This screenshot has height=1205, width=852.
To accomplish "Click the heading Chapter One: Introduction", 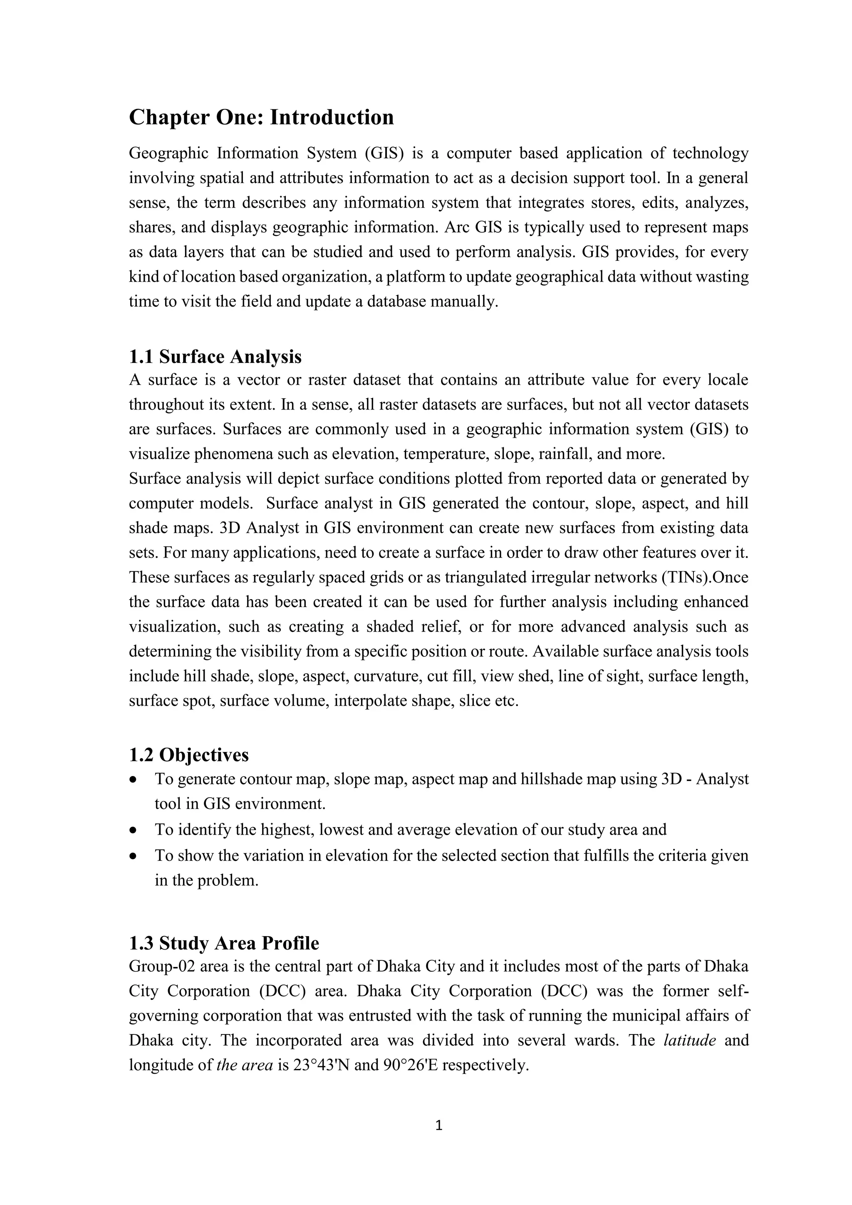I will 261,117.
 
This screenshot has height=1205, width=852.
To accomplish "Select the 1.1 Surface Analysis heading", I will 215,357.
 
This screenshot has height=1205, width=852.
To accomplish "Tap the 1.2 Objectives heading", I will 189,755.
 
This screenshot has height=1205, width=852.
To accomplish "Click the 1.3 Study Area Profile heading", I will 224,943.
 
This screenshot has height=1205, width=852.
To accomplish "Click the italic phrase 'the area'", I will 245,1065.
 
